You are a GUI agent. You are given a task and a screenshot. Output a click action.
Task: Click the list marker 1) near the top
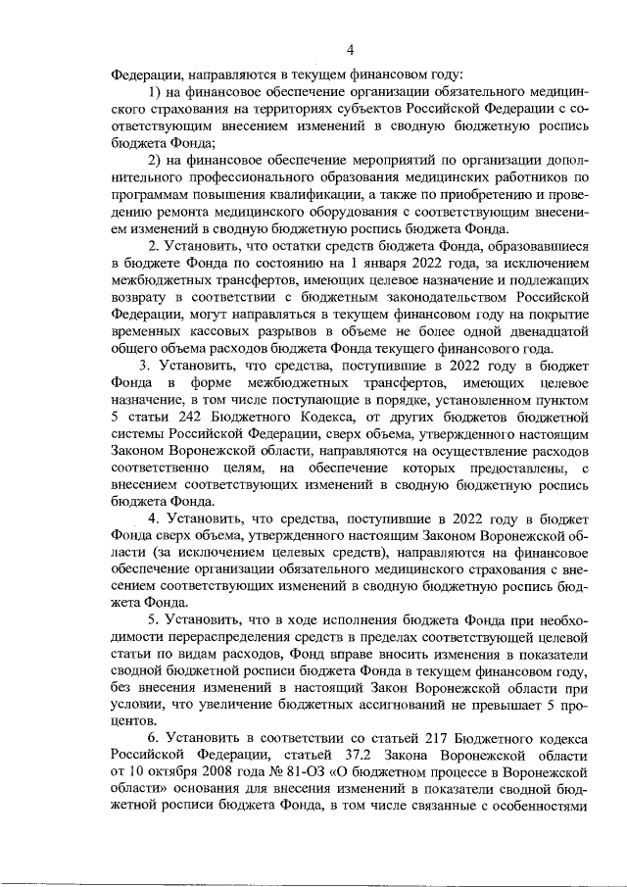pyautogui.click(x=157, y=91)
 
